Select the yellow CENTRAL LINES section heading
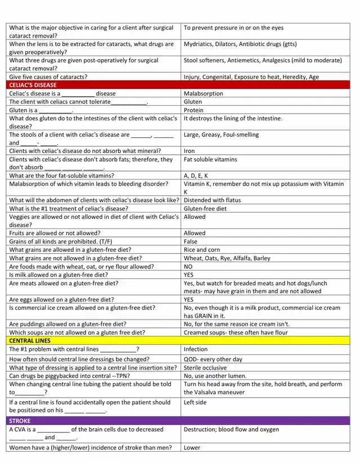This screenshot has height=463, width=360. tap(30, 340)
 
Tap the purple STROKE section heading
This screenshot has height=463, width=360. tap(20, 420)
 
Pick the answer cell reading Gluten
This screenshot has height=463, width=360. tap(193, 102)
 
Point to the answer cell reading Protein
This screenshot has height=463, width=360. tap(193, 110)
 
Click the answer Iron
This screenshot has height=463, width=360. tap(190, 151)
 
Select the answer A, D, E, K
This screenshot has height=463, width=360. tap(196, 176)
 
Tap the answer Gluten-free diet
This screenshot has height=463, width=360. tap(205, 208)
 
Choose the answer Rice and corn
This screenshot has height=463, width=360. tap(202, 250)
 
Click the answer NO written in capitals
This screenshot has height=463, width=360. tap(188, 267)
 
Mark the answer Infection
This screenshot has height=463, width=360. tap(196, 349)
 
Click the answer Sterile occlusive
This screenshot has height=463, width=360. tap(206, 367)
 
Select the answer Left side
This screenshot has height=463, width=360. tap(195, 402)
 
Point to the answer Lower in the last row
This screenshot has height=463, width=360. tap(192, 448)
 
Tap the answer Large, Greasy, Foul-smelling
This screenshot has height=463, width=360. tap(221, 134)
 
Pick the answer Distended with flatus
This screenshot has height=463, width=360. tap(212, 200)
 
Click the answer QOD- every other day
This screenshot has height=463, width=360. tap(213, 359)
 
